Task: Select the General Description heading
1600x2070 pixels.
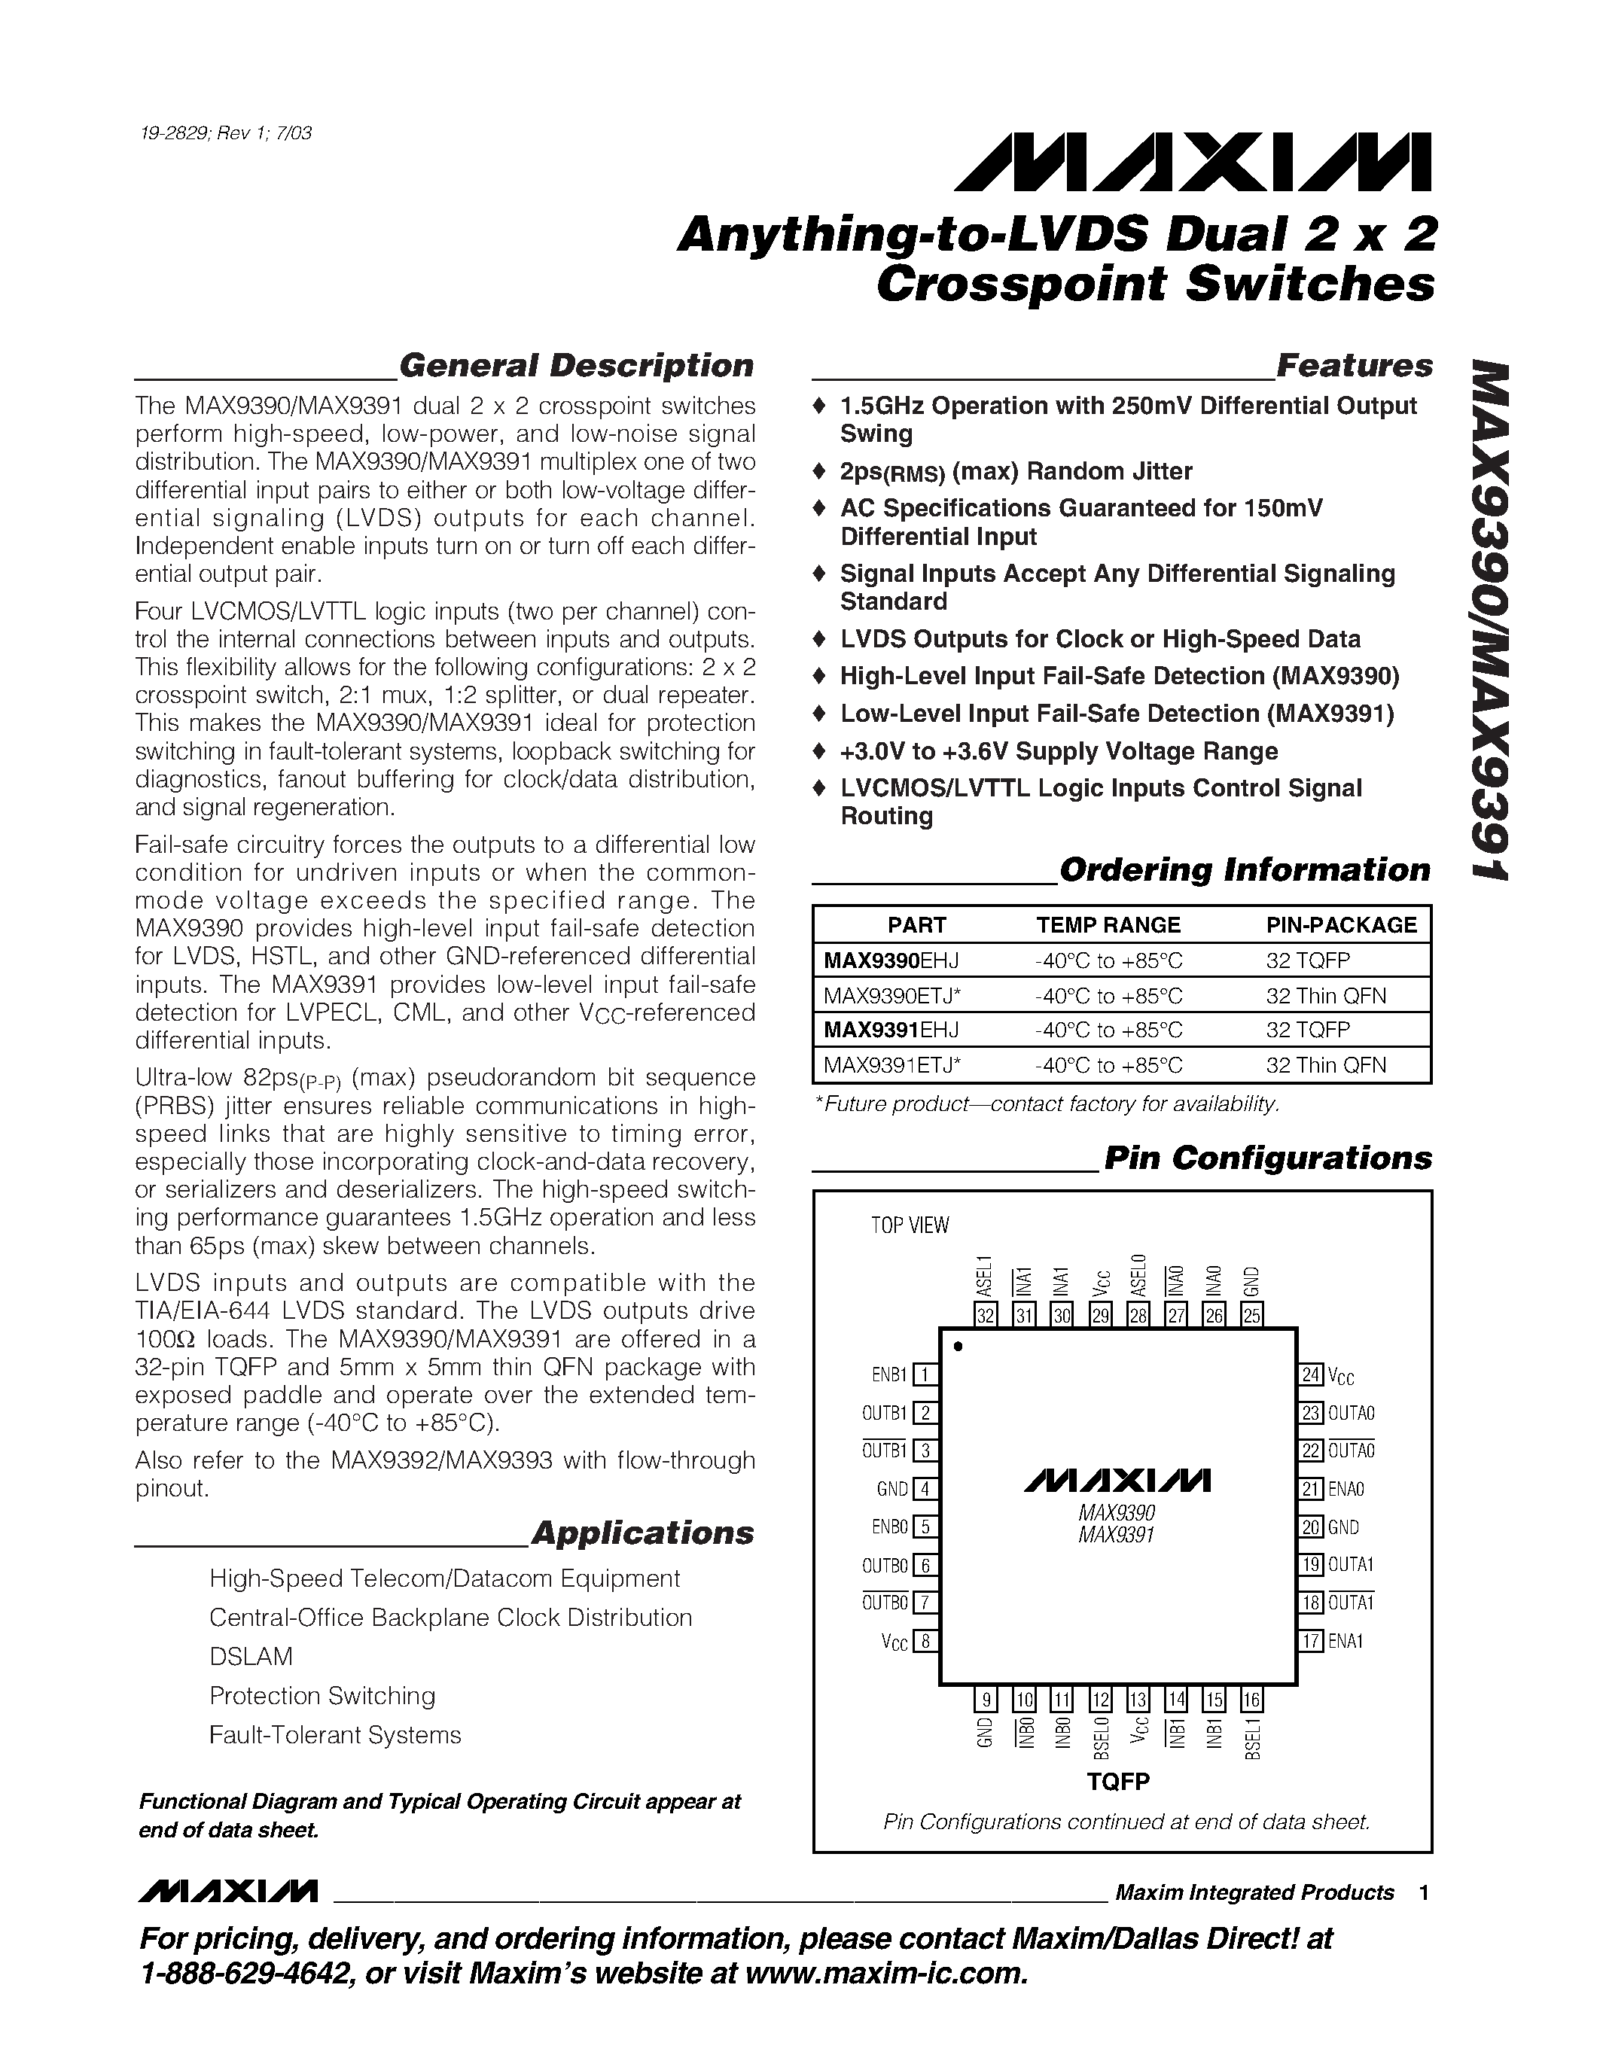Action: [576, 365]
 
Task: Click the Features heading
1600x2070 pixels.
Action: [1354, 365]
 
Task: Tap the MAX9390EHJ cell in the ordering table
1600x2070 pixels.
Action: [891, 960]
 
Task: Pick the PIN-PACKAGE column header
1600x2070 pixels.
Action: [1341, 924]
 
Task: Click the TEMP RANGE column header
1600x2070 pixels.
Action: [1108, 924]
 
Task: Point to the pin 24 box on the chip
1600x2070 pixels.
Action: [1311, 1374]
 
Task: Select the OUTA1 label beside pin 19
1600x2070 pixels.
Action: [1351, 1564]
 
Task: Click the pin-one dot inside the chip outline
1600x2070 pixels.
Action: [958, 1346]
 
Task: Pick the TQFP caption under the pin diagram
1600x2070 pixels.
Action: [1118, 1782]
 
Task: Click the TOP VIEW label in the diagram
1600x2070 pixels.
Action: [910, 1225]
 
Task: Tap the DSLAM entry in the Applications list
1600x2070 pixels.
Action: [251, 1656]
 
